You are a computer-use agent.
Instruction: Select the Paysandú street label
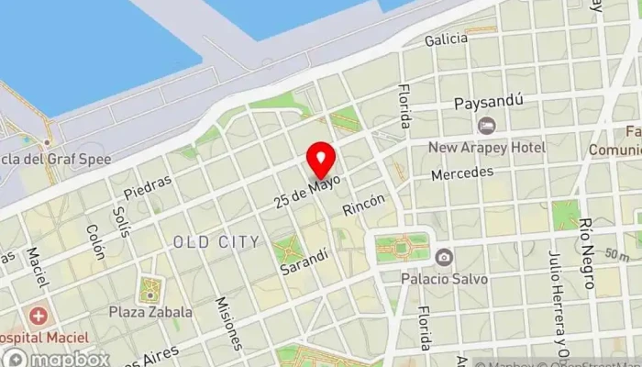[x=488, y=104]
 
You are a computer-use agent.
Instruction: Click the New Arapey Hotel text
[x=489, y=147]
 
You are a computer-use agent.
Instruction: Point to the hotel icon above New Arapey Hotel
[x=486, y=126]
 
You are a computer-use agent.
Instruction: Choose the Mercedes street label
[x=462, y=172]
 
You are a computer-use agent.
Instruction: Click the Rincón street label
[x=363, y=204]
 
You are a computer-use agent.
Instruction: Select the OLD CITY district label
[x=216, y=241]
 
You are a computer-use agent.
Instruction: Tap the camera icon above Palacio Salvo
[x=444, y=256]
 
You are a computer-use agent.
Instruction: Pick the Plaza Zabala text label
[x=150, y=312]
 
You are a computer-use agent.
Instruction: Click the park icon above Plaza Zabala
[x=149, y=292]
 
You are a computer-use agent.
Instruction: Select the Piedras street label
[x=147, y=186]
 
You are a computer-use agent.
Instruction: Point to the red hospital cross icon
[x=39, y=317]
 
